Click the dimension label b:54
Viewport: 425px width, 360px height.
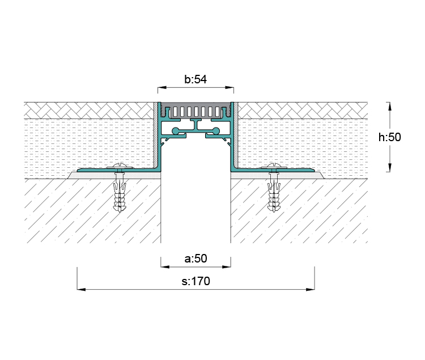tap(195, 79)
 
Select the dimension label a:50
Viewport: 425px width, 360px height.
tap(195, 259)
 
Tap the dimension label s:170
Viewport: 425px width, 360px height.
tap(195, 281)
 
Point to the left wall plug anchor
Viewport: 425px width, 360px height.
tap(119, 193)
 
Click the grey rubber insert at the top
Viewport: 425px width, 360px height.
tap(195, 109)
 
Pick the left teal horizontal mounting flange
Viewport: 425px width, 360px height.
tap(102, 170)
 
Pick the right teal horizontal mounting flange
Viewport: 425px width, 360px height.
tap(295, 170)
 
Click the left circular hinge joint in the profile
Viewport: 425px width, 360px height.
tap(176, 132)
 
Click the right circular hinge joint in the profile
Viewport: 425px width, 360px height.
tap(215, 132)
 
